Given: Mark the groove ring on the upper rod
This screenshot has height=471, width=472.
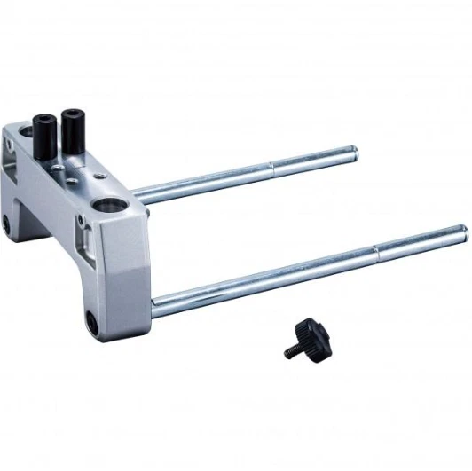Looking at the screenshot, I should (271, 168).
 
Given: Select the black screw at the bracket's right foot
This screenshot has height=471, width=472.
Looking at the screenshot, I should (91, 320).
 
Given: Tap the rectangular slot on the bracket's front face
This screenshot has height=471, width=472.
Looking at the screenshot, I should (86, 240).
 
